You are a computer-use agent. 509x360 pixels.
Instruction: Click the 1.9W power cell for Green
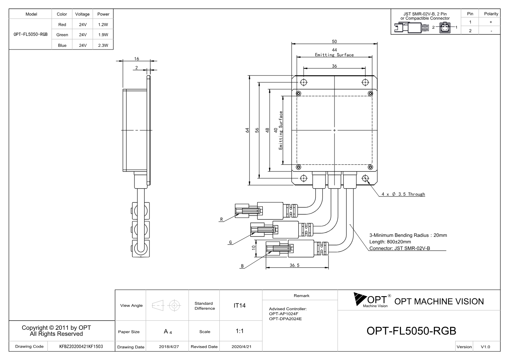click(103, 35)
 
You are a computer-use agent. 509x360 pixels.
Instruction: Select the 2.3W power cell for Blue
click(103, 45)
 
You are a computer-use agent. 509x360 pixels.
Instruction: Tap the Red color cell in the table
click(62, 25)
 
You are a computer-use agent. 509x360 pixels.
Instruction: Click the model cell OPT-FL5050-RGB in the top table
click(31, 34)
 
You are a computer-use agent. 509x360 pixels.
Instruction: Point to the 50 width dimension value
click(334, 41)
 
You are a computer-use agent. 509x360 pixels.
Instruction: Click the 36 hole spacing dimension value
click(334, 66)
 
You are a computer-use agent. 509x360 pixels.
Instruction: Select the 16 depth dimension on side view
click(136, 59)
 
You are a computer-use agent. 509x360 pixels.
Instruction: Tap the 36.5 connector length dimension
click(295, 265)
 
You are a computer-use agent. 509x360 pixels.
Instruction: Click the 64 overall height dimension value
click(247, 130)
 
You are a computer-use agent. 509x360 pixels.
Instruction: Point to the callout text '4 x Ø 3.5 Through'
click(403, 194)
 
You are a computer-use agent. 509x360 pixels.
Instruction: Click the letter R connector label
click(221, 219)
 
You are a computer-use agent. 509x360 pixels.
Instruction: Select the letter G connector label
click(230, 242)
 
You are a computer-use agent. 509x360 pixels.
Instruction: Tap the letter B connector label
click(242, 266)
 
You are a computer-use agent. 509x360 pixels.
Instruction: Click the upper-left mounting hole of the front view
click(304, 82)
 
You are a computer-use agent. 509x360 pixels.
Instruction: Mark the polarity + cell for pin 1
click(491, 22)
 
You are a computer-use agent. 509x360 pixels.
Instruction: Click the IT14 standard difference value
click(239, 306)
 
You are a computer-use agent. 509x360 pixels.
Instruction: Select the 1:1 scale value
click(239, 331)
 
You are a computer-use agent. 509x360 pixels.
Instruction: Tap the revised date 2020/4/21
click(241, 347)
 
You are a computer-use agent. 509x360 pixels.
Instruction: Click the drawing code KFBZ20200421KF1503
click(81, 346)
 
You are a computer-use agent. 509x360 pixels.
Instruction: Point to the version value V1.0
click(485, 347)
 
